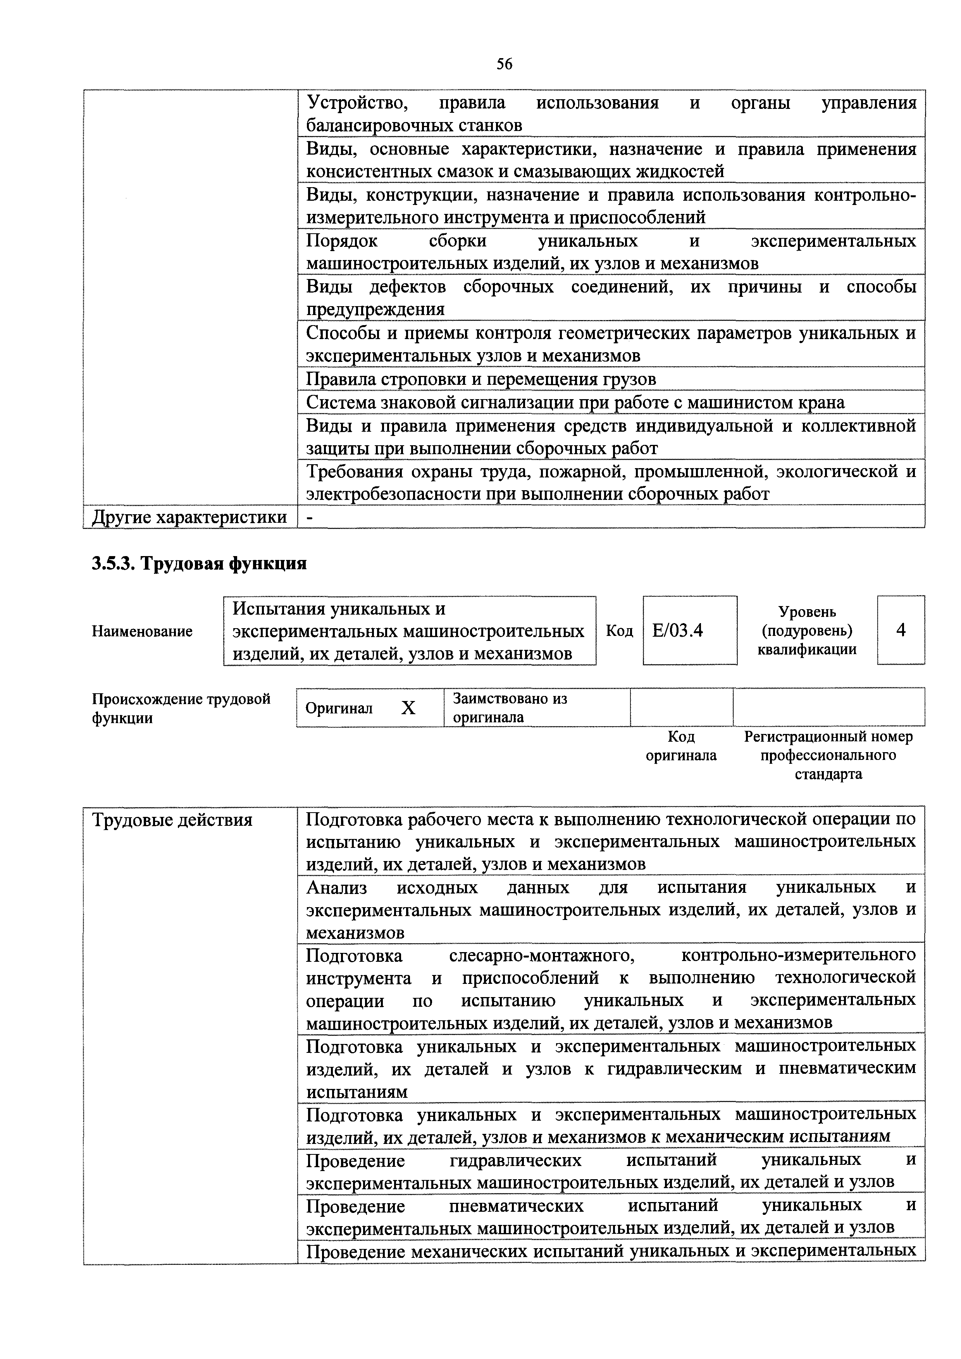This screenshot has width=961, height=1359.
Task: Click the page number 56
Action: [504, 64]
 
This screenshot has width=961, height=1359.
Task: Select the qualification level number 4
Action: [900, 631]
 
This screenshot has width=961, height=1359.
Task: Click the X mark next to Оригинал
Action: [408, 708]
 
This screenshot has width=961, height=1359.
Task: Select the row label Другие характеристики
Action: [189, 517]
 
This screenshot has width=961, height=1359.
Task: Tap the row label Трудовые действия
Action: [172, 820]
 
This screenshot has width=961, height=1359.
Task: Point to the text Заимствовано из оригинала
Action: [510, 708]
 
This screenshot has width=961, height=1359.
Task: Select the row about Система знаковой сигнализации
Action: [575, 403]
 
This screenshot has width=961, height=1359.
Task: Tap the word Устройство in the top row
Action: [357, 103]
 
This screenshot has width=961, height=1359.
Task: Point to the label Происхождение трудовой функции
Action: [181, 708]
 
